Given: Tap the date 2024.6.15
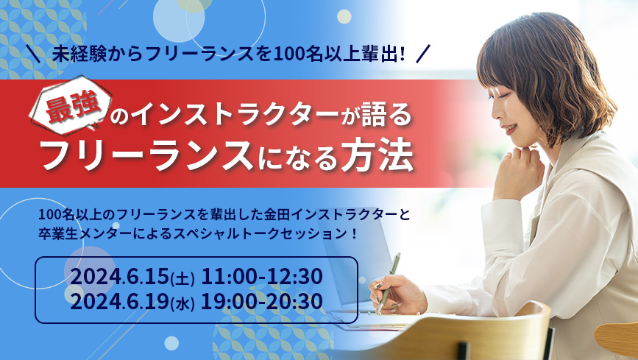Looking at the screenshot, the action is click(x=120, y=278).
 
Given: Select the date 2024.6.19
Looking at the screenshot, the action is click(x=120, y=302).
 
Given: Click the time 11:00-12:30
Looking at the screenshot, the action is click(x=262, y=277).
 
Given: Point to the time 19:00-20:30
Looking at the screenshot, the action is click(x=262, y=302).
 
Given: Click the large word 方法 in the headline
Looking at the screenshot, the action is click(x=378, y=155).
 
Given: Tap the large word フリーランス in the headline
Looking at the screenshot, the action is click(x=147, y=156).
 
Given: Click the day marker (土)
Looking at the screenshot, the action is click(x=182, y=279).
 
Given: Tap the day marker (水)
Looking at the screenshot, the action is click(x=182, y=304).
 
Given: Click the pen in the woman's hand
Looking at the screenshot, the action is click(x=389, y=282).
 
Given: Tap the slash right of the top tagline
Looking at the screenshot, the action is click(x=422, y=54).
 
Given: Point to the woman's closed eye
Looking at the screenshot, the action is click(x=500, y=94).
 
